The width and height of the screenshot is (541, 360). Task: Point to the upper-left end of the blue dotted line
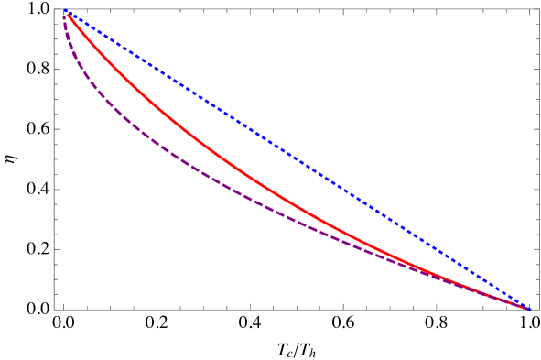click(x=66, y=11)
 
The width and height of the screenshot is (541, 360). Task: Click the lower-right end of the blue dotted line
click(x=529, y=308)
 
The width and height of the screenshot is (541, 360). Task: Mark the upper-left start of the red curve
click(x=67, y=13)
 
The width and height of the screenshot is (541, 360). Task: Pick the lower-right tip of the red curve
click(x=528, y=308)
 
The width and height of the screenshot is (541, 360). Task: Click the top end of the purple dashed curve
click(x=64, y=15)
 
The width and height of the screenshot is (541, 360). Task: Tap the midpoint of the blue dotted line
click(x=298, y=159)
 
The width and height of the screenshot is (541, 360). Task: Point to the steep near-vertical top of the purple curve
click(x=66, y=32)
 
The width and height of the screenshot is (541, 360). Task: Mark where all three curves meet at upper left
click(x=66, y=12)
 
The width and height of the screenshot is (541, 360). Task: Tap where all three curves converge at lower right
click(x=527, y=308)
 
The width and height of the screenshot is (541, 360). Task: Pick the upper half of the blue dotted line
click(x=183, y=86)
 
